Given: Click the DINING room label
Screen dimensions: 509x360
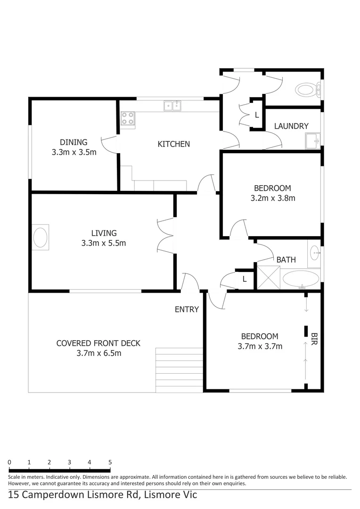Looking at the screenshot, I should coord(74,142).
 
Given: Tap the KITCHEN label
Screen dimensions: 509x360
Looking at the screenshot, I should coord(173,144).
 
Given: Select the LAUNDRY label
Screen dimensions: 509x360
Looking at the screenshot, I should coord(291,126).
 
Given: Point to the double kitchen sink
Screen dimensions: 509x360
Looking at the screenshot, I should coord(172,106).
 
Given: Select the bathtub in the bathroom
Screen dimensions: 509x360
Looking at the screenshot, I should coord(301,279).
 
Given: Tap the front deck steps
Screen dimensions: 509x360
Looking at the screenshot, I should coord(179,370).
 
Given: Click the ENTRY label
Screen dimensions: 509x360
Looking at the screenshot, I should coord(187,310).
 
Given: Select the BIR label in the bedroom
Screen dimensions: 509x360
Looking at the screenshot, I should coord(314,339).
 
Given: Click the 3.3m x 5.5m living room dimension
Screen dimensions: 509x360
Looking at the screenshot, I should coord(103,244).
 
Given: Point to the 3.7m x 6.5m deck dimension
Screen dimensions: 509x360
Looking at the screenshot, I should coord(98,353).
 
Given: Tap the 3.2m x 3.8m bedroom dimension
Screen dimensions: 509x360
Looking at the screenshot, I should coord(273,198).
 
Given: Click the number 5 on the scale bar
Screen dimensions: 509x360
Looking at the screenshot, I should coord(110,462).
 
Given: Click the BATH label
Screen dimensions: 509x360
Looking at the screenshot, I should coord(286,260).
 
